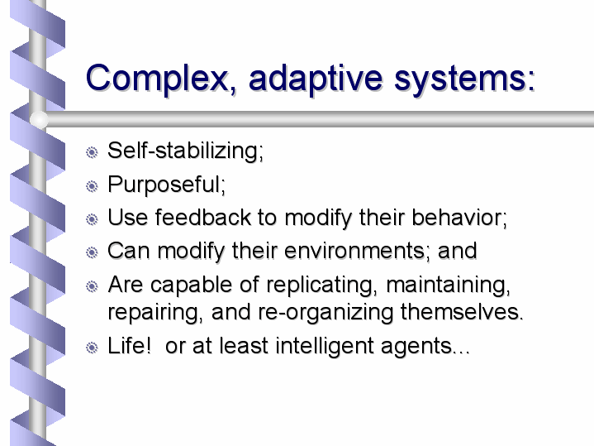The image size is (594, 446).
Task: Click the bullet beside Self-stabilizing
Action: click(92, 152)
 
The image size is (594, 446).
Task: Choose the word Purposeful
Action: click(166, 185)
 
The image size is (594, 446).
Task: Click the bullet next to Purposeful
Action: click(92, 186)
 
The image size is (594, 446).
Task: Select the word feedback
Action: click(203, 218)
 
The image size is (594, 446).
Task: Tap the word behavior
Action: click(459, 218)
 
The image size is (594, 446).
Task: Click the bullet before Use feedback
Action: click(92, 219)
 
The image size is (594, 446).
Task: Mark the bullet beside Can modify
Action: click(92, 252)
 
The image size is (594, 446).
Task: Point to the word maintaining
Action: click(448, 285)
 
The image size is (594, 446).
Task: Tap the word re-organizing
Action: click(326, 313)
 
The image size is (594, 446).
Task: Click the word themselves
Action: click(462, 312)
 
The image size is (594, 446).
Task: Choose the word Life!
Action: click(129, 346)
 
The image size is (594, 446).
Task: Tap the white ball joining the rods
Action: click(39, 119)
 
